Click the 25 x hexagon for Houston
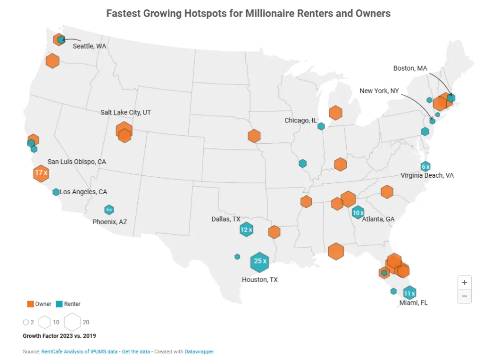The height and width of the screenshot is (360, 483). [x=259, y=261]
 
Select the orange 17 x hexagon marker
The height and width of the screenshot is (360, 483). [x=41, y=173]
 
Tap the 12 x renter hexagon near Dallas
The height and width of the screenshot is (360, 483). [x=246, y=230]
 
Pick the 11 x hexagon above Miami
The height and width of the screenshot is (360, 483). [x=409, y=293]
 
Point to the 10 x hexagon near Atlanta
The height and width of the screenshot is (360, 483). [x=358, y=213]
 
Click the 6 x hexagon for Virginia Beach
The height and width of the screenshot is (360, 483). [x=425, y=166]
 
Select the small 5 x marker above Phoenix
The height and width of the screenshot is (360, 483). [x=109, y=209]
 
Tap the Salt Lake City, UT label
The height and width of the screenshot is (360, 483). [x=125, y=113]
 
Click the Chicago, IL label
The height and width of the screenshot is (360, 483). [x=300, y=121]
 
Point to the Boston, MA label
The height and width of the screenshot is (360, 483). [x=410, y=68]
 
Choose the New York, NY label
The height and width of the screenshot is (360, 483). [x=379, y=91]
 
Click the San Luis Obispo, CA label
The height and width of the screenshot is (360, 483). [x=77, y=162]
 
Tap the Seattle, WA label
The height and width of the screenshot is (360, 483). [x=89, y=46]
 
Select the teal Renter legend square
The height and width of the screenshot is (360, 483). [x=59, y=304]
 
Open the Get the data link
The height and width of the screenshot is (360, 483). [x=136, y=352]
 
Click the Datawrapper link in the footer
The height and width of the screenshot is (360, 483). [x=199, y=352]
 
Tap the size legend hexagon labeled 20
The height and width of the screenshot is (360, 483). [x=72, y=322]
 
